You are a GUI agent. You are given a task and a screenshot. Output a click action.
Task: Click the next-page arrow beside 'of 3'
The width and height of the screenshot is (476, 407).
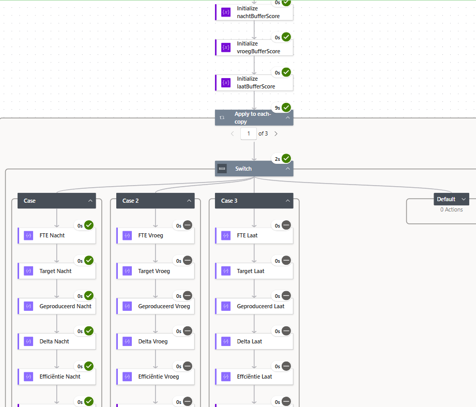pyautogui.click(x=276, y=134)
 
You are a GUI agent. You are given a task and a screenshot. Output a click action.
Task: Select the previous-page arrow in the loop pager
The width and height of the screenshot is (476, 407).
pyautogui.click(x=232, y=134)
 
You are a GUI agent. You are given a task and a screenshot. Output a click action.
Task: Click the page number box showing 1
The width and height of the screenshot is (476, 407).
pyautogui.click(x=249, y=134)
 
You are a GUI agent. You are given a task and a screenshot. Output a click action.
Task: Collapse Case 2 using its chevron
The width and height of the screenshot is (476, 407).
pyautogui.click(x=189, y=201)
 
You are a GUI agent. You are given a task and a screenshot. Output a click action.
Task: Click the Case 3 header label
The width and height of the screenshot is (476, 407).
pyautogui.click(x=229, y=201)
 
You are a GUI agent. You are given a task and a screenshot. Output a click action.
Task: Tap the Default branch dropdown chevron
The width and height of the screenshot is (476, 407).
pyautogui.click(x=464, y=199)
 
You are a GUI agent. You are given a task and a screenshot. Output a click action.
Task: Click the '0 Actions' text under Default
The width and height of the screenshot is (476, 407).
pyautogui.click(x=451, y=209)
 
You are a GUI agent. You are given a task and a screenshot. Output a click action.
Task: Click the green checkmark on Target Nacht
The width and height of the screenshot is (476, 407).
pyautogui.click(x=89, y=260)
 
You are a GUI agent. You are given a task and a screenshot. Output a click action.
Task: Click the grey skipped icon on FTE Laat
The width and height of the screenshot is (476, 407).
pyautogui.click(x=286, y=225)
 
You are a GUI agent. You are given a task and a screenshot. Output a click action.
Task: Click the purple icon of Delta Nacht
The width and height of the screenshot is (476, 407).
pyautogui.click(x=28, y=341)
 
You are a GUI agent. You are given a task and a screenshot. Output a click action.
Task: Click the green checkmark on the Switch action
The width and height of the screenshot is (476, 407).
pyautogui.click(x=286, y=158)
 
